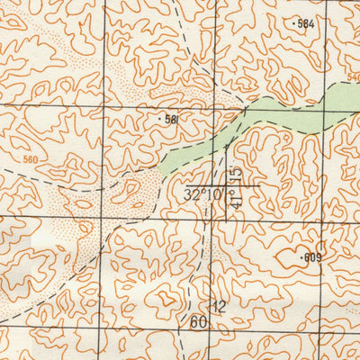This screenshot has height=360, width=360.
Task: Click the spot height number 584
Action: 306,24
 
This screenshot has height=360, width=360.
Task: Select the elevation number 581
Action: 172,119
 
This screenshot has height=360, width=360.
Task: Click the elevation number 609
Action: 312,258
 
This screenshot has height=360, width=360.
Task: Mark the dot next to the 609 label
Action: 301,257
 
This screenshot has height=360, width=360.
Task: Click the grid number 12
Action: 219,307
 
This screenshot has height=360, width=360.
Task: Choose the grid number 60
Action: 199,322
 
